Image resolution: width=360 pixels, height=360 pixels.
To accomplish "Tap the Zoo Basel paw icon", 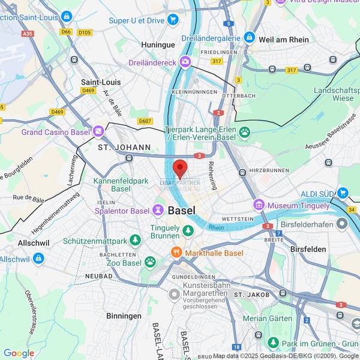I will click(149, 262).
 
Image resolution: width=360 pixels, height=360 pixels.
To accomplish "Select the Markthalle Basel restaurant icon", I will click(176, 253).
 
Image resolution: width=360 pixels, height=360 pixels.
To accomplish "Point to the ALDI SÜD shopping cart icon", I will click(343, 193).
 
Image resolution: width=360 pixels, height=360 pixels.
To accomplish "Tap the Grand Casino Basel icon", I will click(98, 131).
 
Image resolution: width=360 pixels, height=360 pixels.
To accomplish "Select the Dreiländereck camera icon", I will click(185, 62).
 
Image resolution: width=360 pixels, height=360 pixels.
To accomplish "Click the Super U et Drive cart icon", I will click(173, 20).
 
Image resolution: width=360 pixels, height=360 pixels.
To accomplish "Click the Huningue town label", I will click(157, 44).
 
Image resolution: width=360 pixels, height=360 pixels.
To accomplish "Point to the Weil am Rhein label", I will click(284, 40).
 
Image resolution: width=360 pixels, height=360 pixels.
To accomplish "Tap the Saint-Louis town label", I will click(101, 82).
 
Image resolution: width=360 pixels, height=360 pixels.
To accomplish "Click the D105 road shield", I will click(85, 32).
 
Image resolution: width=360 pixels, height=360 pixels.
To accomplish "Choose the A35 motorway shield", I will click(27, 34).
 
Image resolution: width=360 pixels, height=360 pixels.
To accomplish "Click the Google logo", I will click(19, 353).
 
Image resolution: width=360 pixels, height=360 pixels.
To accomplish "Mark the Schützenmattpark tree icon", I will click(136, 241).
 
